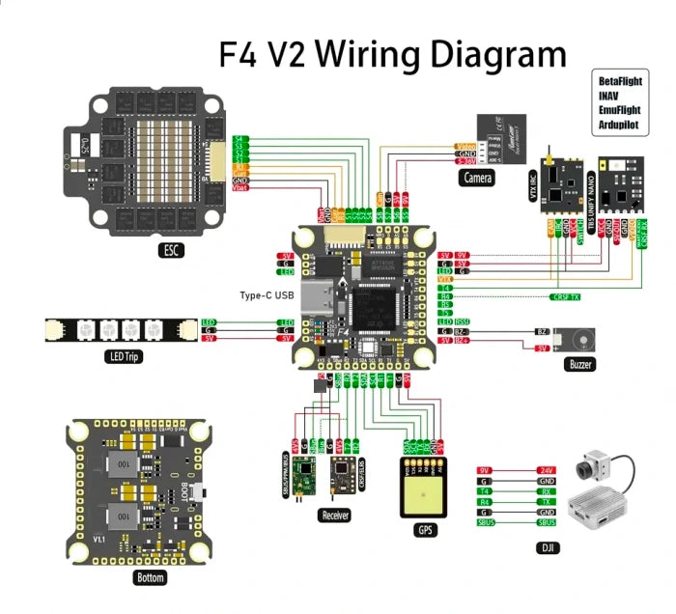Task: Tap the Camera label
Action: (477, 178)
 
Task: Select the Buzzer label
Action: (577, 365)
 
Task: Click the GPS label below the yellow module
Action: (425, 529)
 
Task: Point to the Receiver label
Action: (333, 516)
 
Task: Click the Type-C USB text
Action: (266, 294)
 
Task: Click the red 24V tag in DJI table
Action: (547, 470)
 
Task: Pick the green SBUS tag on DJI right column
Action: (547, 523)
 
